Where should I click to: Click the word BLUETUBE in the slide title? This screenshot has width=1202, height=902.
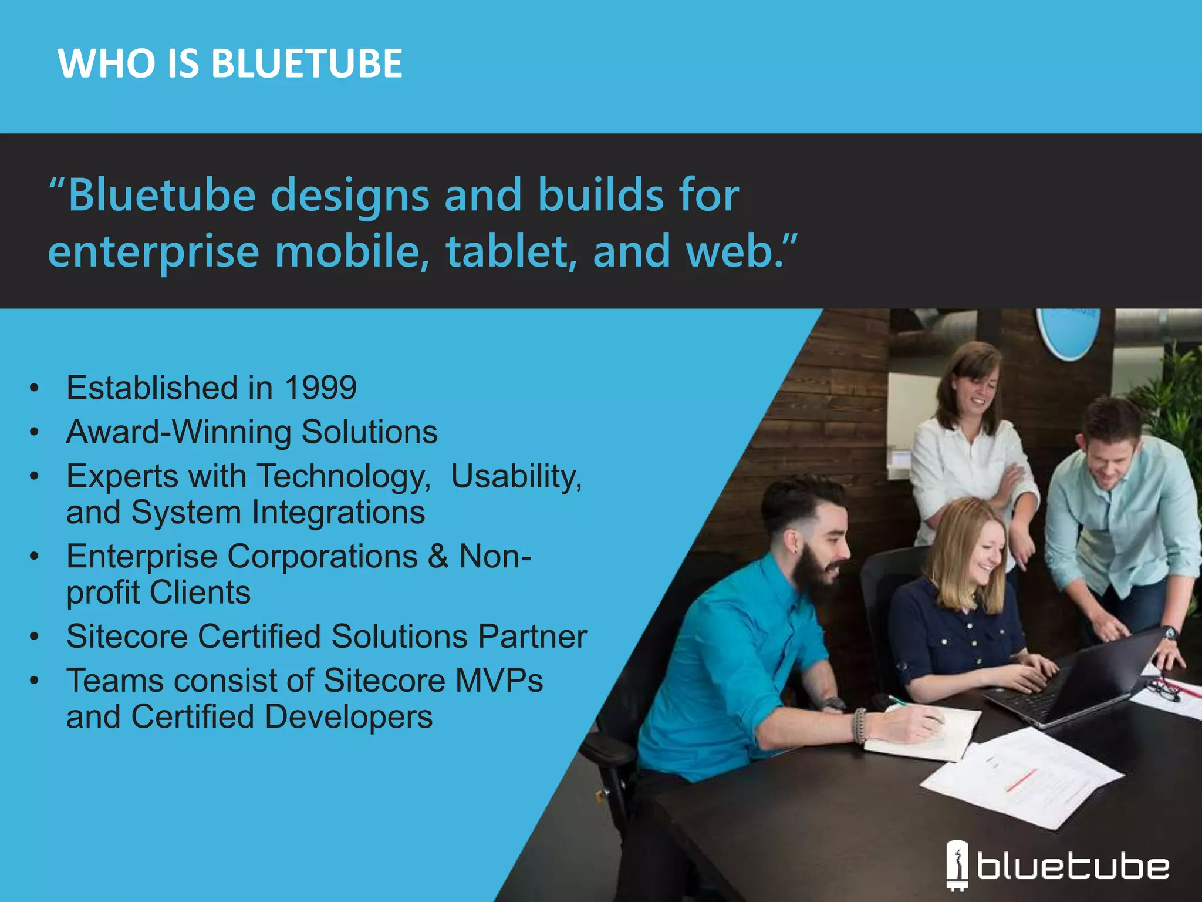click(x=306, y=63)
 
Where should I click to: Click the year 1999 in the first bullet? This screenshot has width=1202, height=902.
click(x=320, y=388)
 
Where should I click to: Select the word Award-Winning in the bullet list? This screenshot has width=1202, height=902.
click(x=178, y=432)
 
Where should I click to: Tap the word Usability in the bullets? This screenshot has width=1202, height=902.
click(x=516, y=476)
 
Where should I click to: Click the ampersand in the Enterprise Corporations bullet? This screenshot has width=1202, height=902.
click(x=438, y=556)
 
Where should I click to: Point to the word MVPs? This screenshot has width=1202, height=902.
click(x=499, y=681)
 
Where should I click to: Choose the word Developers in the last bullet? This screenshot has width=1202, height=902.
click(x=349, y=717)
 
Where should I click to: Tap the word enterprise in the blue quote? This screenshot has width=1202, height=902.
click(x=154, y=251)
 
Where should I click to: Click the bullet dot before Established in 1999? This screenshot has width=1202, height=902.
click(x=35, y=388)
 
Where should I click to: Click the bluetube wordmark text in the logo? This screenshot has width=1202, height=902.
click(x=1073, y=867)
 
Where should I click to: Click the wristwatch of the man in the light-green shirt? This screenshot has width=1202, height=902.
click(x=1169, y=634)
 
